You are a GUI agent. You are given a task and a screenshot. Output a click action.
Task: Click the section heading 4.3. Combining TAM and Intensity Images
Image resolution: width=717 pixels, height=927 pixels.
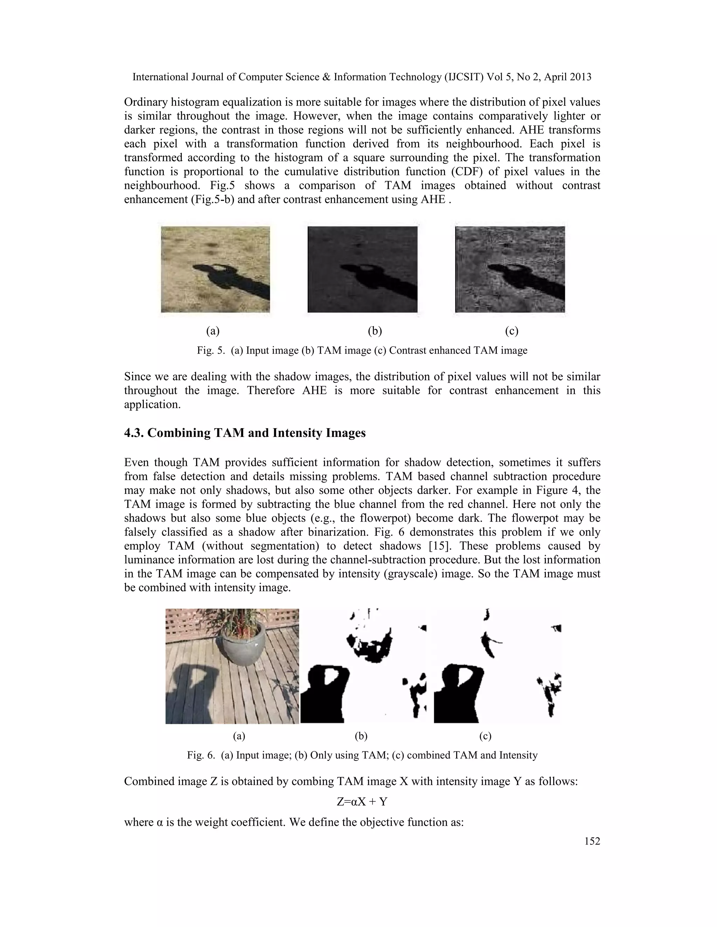[245, 433]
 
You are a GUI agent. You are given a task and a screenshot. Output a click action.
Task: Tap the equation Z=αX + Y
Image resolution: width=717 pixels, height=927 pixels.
[362, 801]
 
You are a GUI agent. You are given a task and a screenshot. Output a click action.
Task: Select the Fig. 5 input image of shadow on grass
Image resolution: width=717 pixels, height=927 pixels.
[215, 269]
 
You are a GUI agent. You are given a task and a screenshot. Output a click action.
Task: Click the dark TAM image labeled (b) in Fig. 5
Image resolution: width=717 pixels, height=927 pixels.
[362, 269]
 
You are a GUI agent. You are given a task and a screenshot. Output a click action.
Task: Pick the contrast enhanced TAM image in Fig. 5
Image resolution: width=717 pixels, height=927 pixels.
[510, 269]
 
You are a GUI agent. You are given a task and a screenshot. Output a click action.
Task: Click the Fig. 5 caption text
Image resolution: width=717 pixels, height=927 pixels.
[362, 351]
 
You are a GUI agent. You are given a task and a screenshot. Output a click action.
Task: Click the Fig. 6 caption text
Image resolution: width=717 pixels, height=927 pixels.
[362, 755]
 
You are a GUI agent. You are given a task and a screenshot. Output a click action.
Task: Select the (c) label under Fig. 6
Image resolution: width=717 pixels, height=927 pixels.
[485, 736]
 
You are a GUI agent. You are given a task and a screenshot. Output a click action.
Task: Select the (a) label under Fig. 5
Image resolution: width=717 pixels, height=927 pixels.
[213, 331]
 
